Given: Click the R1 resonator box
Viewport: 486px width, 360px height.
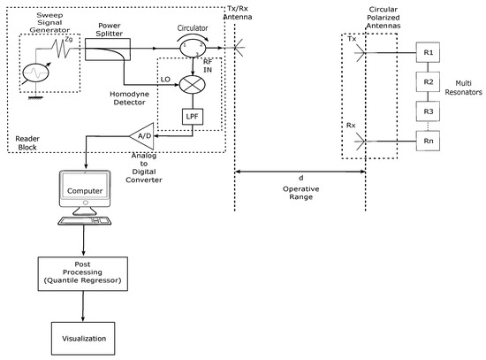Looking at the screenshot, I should (428, 53).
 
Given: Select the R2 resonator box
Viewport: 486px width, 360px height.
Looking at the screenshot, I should (428, 82).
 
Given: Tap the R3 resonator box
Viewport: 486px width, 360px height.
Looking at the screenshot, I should (428, 111).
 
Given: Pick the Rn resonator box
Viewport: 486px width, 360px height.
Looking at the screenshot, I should (428, 141).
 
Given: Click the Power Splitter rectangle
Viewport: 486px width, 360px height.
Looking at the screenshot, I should (108, 51).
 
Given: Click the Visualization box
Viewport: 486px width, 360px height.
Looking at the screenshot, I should (81, 337).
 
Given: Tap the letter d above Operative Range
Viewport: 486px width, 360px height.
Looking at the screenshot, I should (300, 178).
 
